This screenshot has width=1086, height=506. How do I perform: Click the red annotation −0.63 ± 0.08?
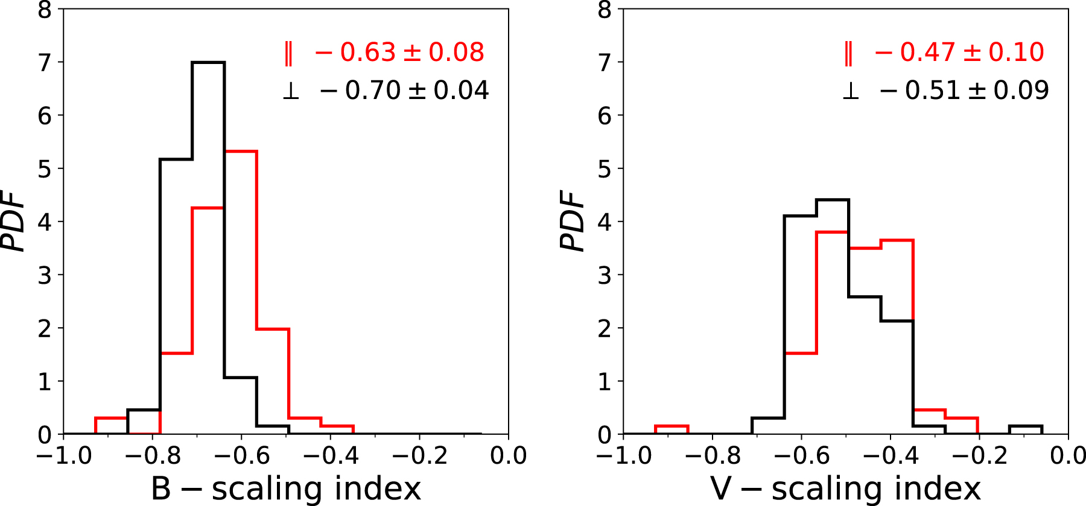[x=399, y=53]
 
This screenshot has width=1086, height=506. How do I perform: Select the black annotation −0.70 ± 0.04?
[x=404, y=91]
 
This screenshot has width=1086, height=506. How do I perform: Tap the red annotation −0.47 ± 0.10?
[x=959, y=53]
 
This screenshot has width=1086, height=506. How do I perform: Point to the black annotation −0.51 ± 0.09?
[x=964, y=91]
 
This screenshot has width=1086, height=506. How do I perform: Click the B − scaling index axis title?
[x=285, y=488]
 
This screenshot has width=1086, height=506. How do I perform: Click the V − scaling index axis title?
[x=845, y=488]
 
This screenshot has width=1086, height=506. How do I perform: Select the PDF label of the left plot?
[x=14, y=221]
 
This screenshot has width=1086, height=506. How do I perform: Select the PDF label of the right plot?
[x=574, y=221]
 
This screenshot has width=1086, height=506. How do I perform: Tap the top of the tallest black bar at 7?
[x=208, y=62]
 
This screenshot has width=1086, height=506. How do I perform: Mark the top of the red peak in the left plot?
[x=241, y=151]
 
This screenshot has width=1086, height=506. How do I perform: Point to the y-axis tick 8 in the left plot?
[x=45, y=10]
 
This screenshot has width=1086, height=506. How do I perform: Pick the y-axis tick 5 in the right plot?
[x=605, y=168]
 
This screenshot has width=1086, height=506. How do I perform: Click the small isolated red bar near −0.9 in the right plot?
[x=672, y=426]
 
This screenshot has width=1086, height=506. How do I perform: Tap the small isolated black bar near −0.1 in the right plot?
[x=1026, y=426]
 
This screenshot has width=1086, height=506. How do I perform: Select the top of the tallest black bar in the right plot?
[x=833, y=200]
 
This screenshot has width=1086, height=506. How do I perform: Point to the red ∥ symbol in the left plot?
[x=288, y=53]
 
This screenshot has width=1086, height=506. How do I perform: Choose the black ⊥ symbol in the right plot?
[x=851, y=91]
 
